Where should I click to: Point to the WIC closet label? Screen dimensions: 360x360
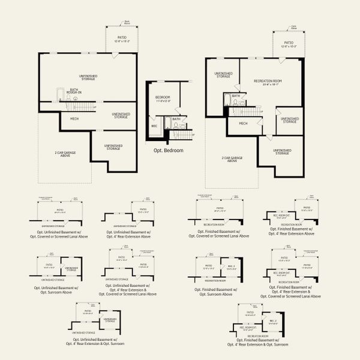[x=154, y=127]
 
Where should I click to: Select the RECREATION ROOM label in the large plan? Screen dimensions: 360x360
[x=268, y=80]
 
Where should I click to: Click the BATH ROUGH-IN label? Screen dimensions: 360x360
[x=74, y=91]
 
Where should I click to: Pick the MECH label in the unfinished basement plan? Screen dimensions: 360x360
[x=75, y=119]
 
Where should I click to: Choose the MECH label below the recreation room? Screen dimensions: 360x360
[x=243, y=124]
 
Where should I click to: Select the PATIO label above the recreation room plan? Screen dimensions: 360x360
[x=289, y=43]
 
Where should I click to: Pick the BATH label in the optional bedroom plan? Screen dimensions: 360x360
[x=176, y=119]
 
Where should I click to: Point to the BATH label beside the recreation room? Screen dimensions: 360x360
[x=236, y=95]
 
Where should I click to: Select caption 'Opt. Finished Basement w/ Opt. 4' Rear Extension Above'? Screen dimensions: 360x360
[x=290, y=232]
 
